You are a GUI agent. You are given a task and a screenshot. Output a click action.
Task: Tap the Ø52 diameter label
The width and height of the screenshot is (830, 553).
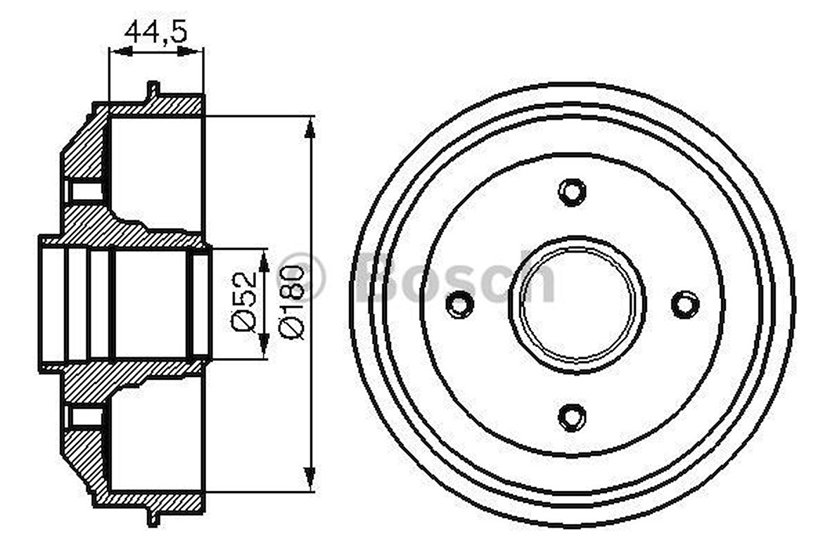pyautogui.click(x=243, y=304)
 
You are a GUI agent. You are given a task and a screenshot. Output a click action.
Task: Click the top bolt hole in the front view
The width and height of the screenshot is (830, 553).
pyautogui.click(x=572, y=191)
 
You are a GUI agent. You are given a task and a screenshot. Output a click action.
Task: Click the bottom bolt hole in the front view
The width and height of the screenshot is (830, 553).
pyautogui.click(x=572, y=417)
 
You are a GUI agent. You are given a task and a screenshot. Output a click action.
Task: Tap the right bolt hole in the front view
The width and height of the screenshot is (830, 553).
pyautogui.click(x=684, y=304)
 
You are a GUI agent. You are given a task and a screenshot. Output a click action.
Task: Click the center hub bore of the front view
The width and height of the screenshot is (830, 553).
pyautogui.click(x=577, y=304)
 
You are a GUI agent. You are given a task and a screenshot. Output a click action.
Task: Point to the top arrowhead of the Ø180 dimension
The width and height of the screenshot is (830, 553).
pyautogui.click(x=309, y=127)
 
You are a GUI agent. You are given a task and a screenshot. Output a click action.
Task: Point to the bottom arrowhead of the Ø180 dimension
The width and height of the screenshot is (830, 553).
pyautogui.click(x=309, y=480)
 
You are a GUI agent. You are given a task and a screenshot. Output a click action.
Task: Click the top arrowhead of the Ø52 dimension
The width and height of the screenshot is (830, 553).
pyautogui.click(x=264, y=261)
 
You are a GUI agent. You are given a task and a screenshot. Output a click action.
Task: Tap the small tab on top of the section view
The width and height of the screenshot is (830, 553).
pyautogui.click(x=153, y=90)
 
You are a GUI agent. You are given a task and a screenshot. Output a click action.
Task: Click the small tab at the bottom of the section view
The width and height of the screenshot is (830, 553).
pyautogui.click(x=153, y=518)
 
